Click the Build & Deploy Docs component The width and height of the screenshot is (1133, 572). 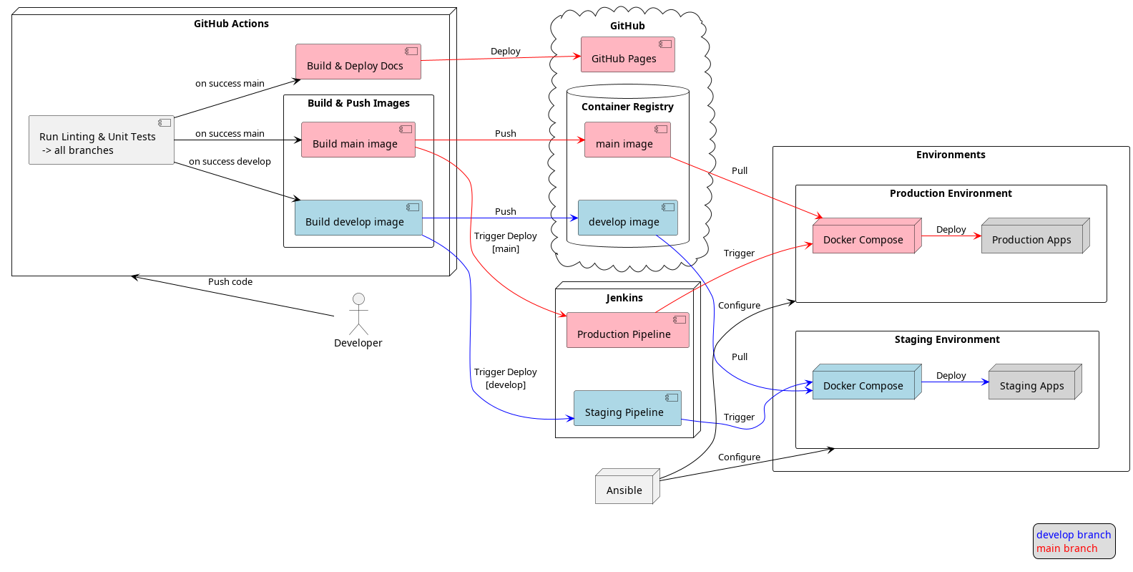coord(358,62)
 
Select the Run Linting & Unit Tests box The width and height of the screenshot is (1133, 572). coord(101,140)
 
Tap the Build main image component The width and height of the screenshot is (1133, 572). coord(358,140)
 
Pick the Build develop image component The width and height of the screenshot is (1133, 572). coord(358,218)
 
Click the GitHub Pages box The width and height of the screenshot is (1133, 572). coord(627,55)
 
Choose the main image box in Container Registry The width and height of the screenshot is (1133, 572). coord(627,140)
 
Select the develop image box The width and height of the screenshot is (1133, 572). coord(627,218)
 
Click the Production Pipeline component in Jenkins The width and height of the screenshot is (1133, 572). coord(627,331)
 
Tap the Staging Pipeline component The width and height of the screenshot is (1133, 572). coord(627,409)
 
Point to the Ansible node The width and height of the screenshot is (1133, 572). coord(625,488)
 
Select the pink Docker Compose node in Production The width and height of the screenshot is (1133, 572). coord(864,237)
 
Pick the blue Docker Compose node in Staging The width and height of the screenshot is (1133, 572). coord(864,383)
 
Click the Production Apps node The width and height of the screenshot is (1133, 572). coord(1033,237)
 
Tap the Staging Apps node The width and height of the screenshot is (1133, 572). coord(1033,383)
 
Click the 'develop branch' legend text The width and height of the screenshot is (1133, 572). coord(1073,535)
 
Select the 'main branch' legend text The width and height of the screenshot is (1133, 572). coord(1066,548)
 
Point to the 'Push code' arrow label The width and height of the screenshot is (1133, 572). coord(230,282)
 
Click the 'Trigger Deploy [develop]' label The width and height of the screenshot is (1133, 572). coord(505,378)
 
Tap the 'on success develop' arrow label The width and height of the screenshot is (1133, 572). coord(230,162)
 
